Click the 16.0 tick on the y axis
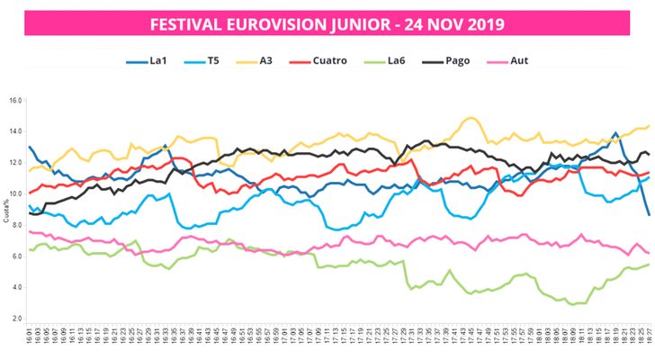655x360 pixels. pos(15,101)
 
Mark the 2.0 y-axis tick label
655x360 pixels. pos(15,319)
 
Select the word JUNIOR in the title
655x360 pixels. pos(355,22)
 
